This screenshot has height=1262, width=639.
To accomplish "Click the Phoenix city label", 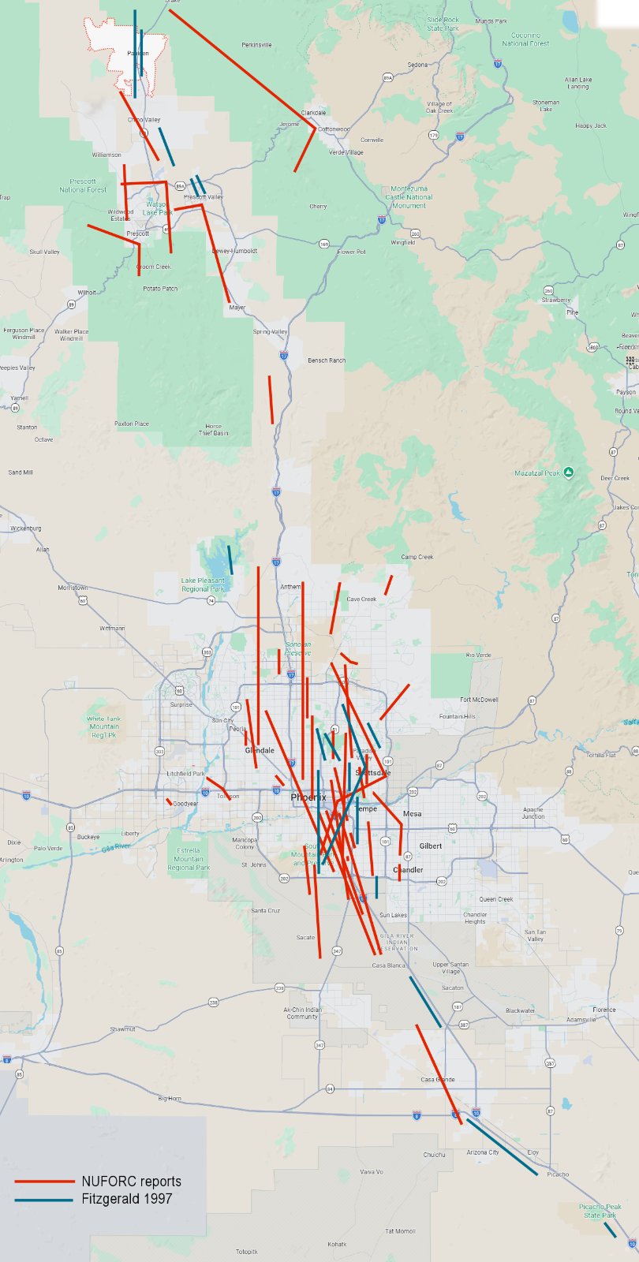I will click(308, 797).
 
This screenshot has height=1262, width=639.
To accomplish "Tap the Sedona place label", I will click(417, 65).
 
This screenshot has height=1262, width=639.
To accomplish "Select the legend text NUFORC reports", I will click(131, 1181).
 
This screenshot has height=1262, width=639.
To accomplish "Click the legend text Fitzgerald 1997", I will click(126, 1199).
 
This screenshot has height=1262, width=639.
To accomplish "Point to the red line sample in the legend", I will click(45, 1182).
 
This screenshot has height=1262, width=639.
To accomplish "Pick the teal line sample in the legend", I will click(45, 1200).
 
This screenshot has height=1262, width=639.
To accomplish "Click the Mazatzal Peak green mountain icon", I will click(568, 472).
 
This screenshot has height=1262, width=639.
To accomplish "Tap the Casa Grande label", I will click(438, 1080).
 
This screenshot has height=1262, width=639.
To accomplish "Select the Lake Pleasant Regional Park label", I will click(203, 584).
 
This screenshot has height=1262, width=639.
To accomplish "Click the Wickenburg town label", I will click(25, 528).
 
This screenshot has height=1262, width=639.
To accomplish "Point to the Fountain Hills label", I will click(479, 716).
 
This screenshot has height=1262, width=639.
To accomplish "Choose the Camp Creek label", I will click(417, 557).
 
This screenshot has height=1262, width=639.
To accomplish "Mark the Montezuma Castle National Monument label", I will click(412, 197).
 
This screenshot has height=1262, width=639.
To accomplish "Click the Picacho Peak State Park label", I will click(600, 1211).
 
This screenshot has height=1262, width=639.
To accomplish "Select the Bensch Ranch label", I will click(327, 360).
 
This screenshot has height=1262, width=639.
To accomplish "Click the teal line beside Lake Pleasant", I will click(230, 559).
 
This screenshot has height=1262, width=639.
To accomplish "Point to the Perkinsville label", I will click(256, 45).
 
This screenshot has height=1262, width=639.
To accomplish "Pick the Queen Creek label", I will click(495, 899).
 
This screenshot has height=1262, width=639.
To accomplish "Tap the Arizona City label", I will click(482, 1152).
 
